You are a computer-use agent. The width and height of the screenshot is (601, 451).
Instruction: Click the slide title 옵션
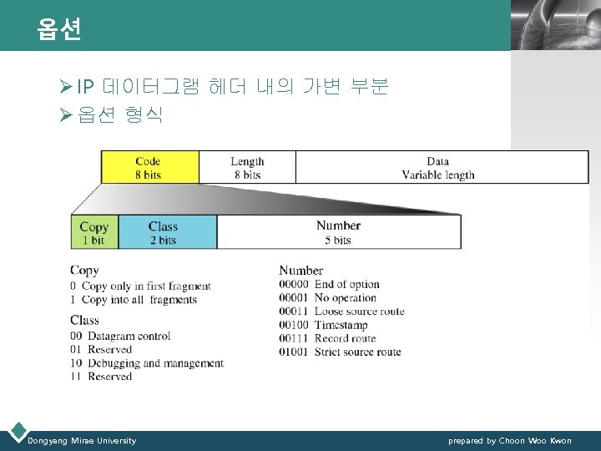[x=59, y=30]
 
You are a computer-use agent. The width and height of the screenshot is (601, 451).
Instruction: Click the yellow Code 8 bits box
[x=149, y=168]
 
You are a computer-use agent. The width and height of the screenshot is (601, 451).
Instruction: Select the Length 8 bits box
[x=247, y=168]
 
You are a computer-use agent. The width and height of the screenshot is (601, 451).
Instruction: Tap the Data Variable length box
[x=437, y=168]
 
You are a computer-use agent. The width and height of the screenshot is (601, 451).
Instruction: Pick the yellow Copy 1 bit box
[x=94, y=233]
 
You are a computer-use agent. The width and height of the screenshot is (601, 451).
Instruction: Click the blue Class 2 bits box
[x=164, y=233]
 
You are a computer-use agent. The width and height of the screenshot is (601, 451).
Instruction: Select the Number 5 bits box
[x=338, y=233]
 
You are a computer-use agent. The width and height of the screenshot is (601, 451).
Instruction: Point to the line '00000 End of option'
[x=329, y=285]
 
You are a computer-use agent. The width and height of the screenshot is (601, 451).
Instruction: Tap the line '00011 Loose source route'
[x=341, y=312]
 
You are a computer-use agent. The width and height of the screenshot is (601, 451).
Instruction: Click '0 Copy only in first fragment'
[x=140, y=286]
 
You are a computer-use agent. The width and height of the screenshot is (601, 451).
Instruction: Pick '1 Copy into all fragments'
[x=134, y=300]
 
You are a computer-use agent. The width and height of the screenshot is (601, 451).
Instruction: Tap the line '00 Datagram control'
[x=120, y=337]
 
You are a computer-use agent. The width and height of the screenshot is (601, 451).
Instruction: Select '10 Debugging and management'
[x=147, y=363]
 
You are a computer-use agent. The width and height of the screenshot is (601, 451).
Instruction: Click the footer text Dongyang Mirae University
[x=82, y=440]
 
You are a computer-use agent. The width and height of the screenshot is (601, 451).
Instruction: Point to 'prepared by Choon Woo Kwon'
[x=509, y=440]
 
